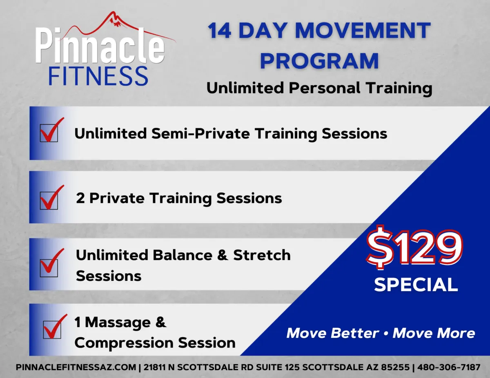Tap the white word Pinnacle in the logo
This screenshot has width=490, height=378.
point(100,45)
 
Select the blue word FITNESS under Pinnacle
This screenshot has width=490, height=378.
point(98,76)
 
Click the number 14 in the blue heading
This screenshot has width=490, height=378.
point(219,31)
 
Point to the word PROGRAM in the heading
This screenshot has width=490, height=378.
point(319,61)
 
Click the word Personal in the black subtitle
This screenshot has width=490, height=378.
point(325,88)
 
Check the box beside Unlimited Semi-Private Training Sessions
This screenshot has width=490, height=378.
point(49,133)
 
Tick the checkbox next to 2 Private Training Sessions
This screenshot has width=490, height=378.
point(49,201)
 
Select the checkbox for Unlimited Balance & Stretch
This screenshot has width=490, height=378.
point(49,268)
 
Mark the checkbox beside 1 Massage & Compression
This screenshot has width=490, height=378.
point(52,329)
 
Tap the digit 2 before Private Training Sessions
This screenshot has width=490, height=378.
point(80,198)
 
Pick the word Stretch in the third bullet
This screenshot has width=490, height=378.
point(262,255)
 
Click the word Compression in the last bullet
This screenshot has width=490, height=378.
point(124,343)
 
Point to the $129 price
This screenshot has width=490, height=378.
point(414,248)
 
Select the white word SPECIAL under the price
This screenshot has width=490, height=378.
point(416,285)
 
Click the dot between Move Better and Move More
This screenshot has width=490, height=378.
point(386,334)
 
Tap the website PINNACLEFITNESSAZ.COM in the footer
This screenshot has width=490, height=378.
point(76,367)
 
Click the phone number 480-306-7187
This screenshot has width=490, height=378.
point(449,367)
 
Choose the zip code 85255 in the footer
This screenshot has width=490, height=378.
point(395,367)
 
